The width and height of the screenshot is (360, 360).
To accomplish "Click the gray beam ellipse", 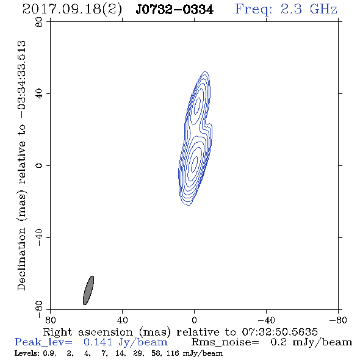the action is coord(88,290).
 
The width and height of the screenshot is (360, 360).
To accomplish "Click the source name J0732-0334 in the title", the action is coord(175,10).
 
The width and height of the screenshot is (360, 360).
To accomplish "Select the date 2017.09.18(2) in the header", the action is coord(72,10).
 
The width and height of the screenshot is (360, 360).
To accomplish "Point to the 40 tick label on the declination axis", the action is coord(39,94).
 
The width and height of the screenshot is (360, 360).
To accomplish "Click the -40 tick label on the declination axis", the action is coord(39,237).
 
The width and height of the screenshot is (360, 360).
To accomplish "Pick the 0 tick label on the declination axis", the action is coord(39,165).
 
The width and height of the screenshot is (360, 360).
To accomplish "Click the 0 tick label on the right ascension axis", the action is coord(194,320).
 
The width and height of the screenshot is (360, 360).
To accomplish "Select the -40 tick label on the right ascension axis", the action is coord(266,320).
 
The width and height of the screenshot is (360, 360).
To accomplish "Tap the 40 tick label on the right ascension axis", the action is coord(122,320).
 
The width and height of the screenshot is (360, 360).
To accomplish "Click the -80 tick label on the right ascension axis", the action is coord(338,320).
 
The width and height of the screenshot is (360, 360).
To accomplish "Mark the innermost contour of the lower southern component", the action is coord(195,164).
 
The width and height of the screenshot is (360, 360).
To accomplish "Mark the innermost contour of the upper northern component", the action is coord(197,106).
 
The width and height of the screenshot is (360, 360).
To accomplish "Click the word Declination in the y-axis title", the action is coord(21,259).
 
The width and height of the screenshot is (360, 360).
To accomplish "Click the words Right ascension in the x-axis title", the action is coord(88,332).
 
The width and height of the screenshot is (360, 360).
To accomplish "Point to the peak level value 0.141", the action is coord(98,342).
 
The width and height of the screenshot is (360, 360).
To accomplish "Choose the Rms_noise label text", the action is coord(225,342).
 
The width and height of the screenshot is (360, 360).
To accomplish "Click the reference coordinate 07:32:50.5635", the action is coord(279,332).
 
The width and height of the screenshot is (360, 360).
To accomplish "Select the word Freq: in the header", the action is coord(253,10).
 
